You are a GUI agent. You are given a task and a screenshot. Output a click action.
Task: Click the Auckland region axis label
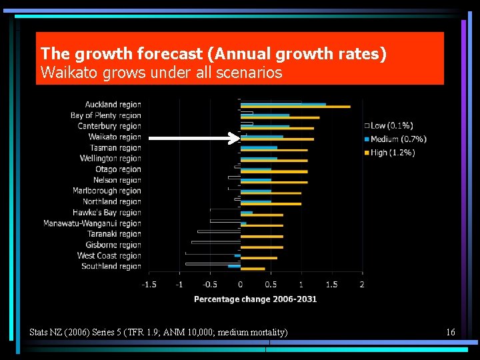pyautogui.click(x=113, y=105)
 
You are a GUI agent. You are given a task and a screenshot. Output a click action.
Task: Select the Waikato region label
pyautogui.click(x=115, y=137)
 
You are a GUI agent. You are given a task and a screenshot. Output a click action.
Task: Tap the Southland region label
pyautogui.click(x=111, y=266)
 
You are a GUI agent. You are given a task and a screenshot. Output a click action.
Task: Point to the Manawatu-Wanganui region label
pyautogui.click(x=92, y=223)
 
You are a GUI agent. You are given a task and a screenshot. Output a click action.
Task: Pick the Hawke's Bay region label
pyautogui.click(x=107, y=213)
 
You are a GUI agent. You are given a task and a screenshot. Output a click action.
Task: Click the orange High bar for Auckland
pyautogui.click(x=295, y=107)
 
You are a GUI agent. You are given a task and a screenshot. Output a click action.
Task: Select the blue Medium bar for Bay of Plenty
pyautogui.click(x=265, y=115)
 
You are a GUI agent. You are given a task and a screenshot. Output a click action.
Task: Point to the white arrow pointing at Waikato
pyautogui.click(x=193, y=139)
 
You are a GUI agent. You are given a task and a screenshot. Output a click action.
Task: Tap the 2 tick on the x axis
pyautogui.click(x=362, y=285)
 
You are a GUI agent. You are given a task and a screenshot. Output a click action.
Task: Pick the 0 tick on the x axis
pyautogui.click(x=240, y=285)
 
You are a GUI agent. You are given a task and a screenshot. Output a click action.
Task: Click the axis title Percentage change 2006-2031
pyautogui.click(x=255, y=299)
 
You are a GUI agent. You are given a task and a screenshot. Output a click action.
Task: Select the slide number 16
pyautogui.click(x=451, y=332)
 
